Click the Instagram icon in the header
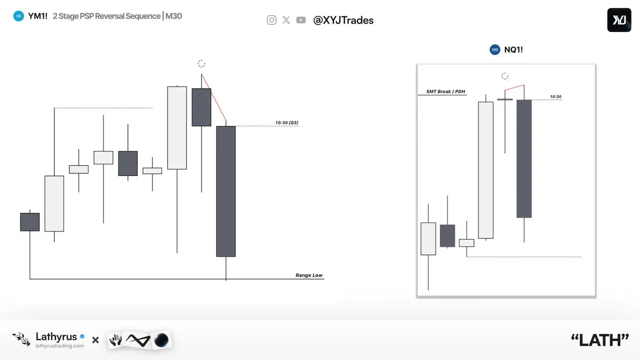(271, 20)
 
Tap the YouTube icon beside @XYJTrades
(301, 20)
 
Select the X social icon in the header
(286, 20)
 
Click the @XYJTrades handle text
(343, 20)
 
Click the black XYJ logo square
(619, 20)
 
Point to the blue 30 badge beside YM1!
(19, 16)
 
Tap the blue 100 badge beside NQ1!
(495, 50)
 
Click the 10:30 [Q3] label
(287, 123)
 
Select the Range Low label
(309, 275)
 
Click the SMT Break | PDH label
(446, 91)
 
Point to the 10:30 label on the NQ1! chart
(556, 97)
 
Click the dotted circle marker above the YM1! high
(202, 63)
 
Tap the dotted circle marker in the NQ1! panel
(505, 76)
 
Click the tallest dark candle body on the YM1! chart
(226, 191)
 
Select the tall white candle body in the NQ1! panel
(486, 170)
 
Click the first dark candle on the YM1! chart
(30, 222)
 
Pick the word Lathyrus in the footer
(57, 337)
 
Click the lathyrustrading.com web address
(60, 346)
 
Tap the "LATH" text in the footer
(600, 340)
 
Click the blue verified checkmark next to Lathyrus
(82, 337)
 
